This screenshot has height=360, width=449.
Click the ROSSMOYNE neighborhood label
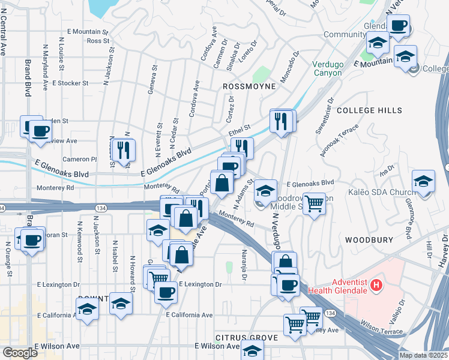[249, 86]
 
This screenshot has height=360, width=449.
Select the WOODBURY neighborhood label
[369, 239]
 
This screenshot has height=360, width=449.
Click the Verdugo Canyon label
[327, 68]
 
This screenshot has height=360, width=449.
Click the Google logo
[20, 353]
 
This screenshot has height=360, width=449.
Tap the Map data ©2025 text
[423, 355]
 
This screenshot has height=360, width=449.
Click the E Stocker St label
[70, 83]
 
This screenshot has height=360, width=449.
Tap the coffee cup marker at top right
[398, 26]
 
